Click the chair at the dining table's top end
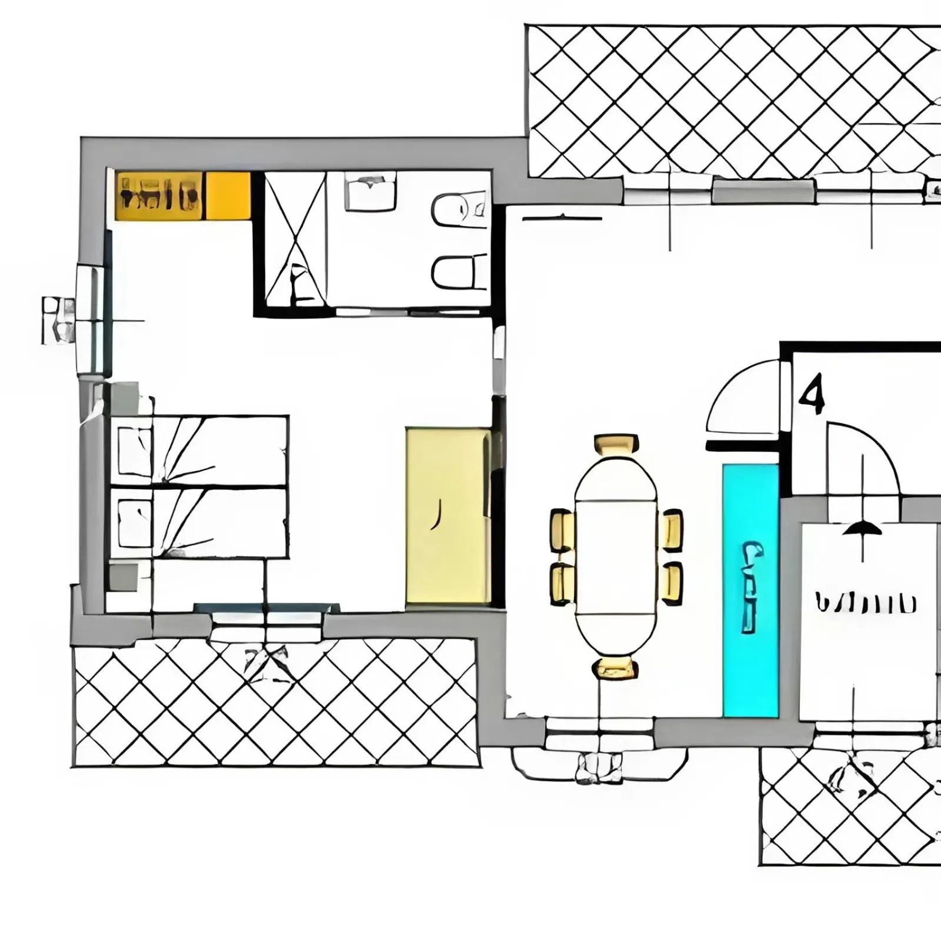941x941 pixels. [x=616, y=445]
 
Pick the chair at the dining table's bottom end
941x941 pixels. [x=616, y=668]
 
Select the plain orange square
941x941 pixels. [x=228, y=196]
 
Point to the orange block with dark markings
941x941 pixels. [x=159, y=196]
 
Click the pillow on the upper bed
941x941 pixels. [x=135, y=451]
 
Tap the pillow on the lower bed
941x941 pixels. [x=135, y=523]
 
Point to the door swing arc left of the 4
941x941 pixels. [x=742, y=398]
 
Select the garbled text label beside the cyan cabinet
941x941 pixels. [x=865, y=603]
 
